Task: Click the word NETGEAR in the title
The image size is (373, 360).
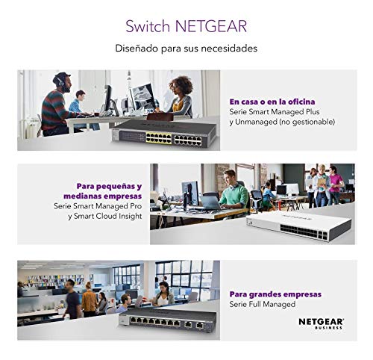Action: click(211, 26)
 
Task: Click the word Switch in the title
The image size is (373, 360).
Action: click(148, 26)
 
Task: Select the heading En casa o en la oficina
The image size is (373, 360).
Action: click(272, 102)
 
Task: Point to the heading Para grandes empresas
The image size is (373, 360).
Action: click(275, 294)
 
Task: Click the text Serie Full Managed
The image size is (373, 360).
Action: click(263, 304)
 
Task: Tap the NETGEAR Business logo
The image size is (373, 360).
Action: click(321, 323)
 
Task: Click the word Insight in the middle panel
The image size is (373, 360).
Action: click(131, 216)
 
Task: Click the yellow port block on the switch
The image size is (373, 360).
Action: click(159, 138)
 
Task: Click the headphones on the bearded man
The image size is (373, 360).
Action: click(59, 81)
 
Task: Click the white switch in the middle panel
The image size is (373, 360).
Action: click(298, 225)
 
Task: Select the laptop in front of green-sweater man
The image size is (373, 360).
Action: click(211, 203)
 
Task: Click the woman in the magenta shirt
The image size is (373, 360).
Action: click(336, 184)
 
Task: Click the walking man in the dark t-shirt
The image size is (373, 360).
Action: click(72, 299)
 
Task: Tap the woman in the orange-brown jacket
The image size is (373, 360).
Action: click(89, 300)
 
